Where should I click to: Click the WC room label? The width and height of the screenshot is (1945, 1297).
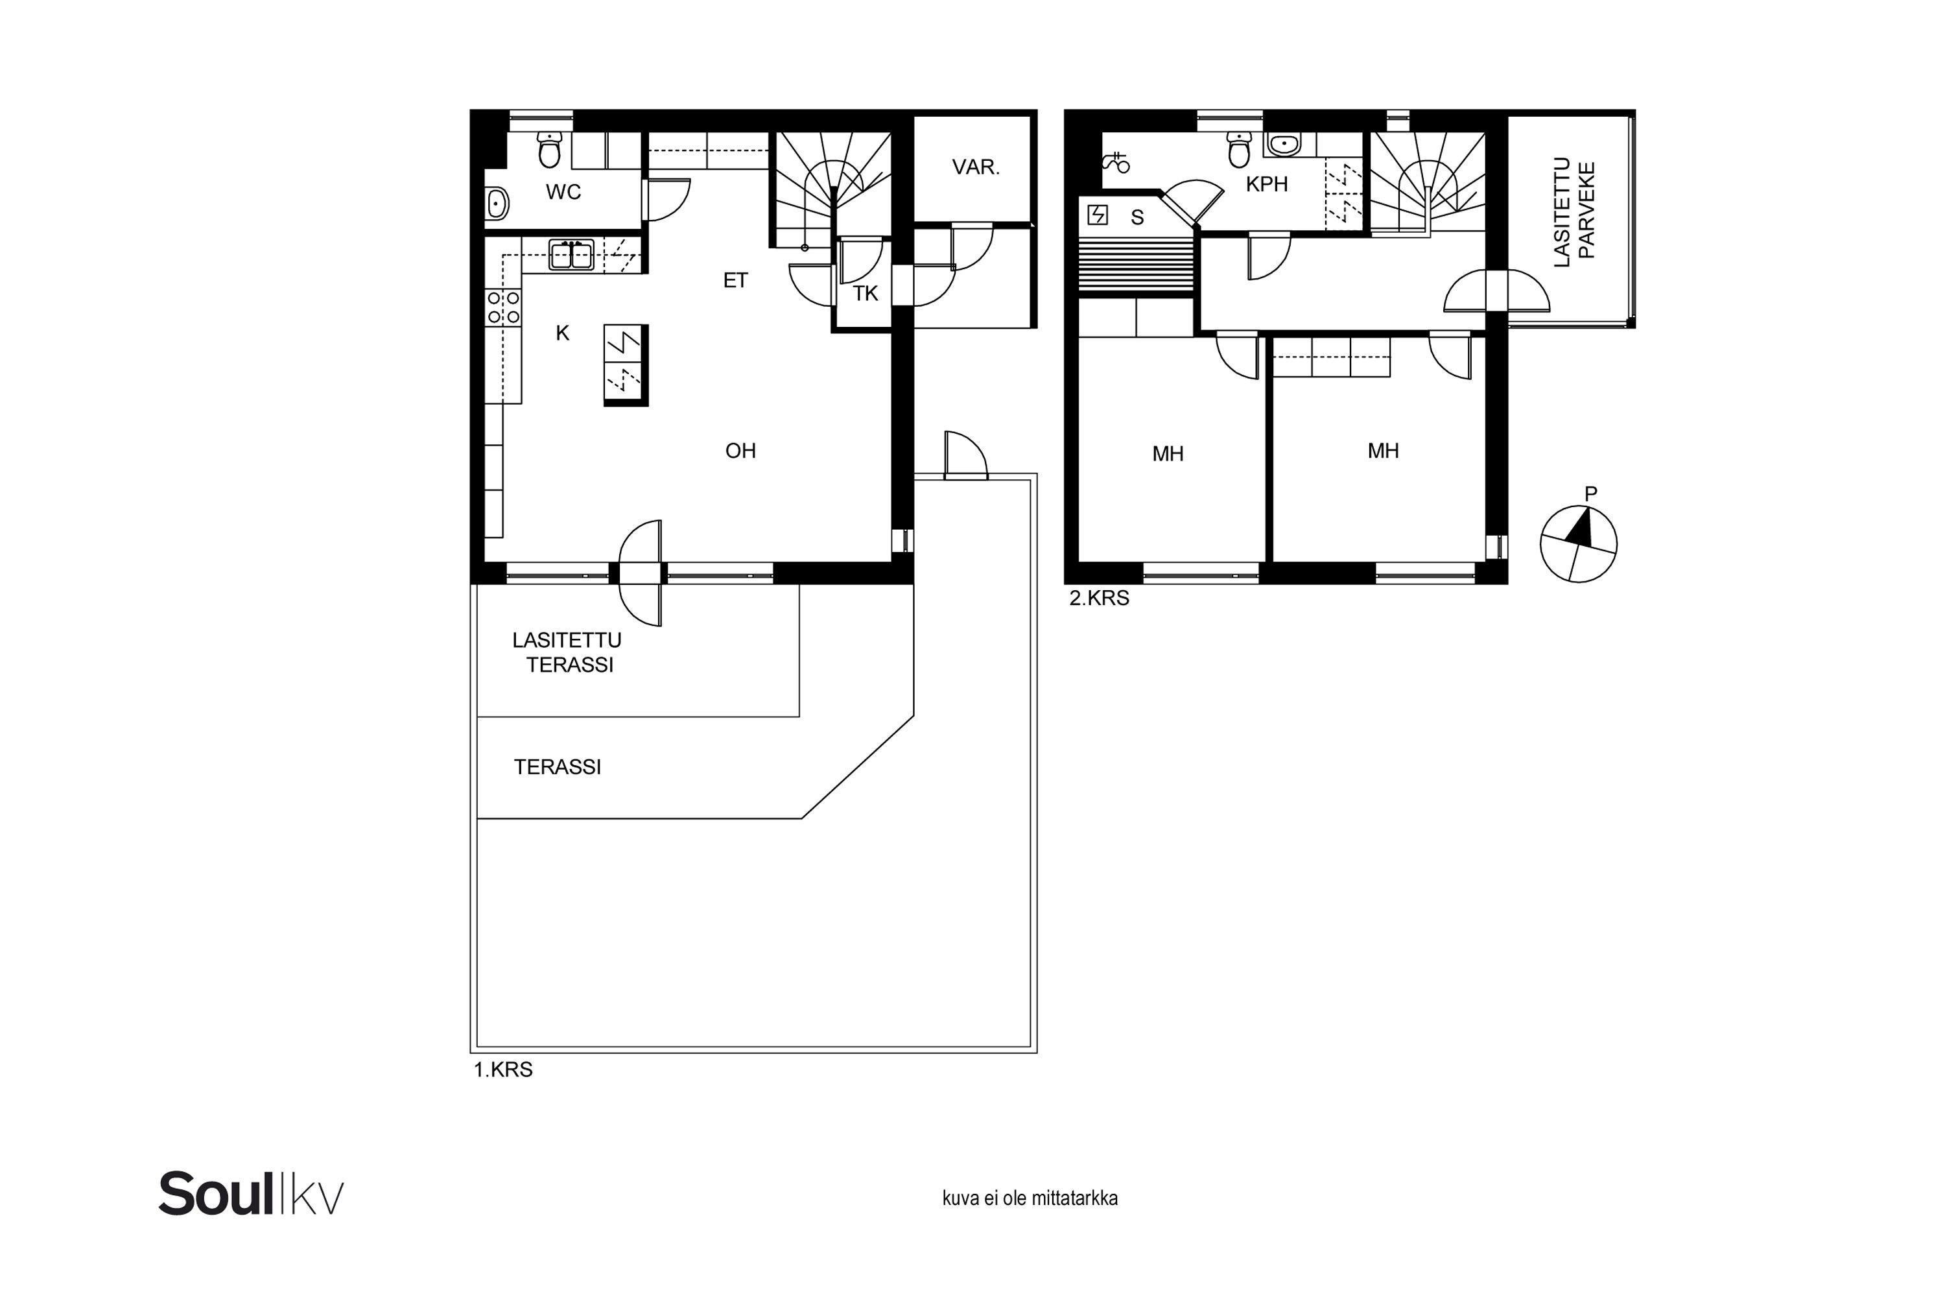pyautogui.click(x=563, y=192)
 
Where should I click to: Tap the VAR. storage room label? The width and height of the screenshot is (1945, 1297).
pyautogui.click(x=976, y=167)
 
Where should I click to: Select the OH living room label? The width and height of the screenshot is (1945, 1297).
pyautogui.click(x=740, y=451)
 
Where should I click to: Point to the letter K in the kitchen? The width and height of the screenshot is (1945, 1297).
pyautogui.click(x=562, y=333)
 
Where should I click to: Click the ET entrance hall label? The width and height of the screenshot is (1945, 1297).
pyautogui.click(x=735, y=280)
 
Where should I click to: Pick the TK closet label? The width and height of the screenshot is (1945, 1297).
pyautogui.click(x=865, y=294)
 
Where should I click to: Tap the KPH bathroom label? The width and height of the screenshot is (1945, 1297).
pyautogui.click(x=1267, y=184)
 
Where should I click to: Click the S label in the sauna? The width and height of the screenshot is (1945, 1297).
pyautogui.click(x=1137, y=217)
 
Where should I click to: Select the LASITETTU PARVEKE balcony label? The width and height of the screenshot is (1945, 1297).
pyautogui.click(x=1575, y=212)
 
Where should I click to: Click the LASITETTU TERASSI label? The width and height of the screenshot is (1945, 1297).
pyautogui.click(x=567, y=652)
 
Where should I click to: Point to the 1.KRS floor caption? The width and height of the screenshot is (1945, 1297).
pyautogui.click(x=503, y=1069)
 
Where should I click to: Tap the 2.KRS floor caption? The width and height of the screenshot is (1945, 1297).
pyautogui.click(x=1099, y=598)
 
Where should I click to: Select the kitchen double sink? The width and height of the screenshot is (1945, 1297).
pyautogui.click(x=571, y=255)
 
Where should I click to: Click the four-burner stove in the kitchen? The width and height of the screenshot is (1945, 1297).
pyautogui.click(x=504, y=307)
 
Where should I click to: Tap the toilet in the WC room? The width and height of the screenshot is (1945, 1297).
pyautogui.click(x=549, y=149)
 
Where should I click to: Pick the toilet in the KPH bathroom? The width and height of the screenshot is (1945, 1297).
pyautogui.click(x=1239, y=149)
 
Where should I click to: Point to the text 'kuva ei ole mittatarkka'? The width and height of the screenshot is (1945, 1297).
pyautogui.click(x=1030, y=1198)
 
